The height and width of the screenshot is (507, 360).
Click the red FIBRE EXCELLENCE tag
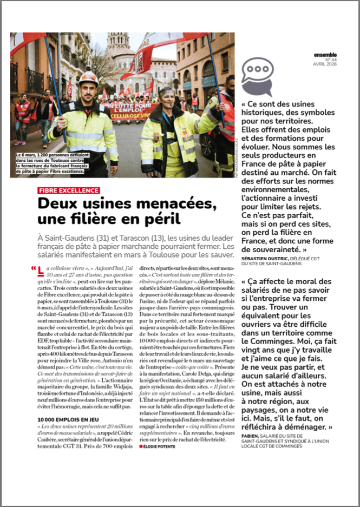coord(69,190)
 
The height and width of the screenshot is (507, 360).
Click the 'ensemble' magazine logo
coord(325,54)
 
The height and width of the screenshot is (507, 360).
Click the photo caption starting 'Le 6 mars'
coord(50,164)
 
